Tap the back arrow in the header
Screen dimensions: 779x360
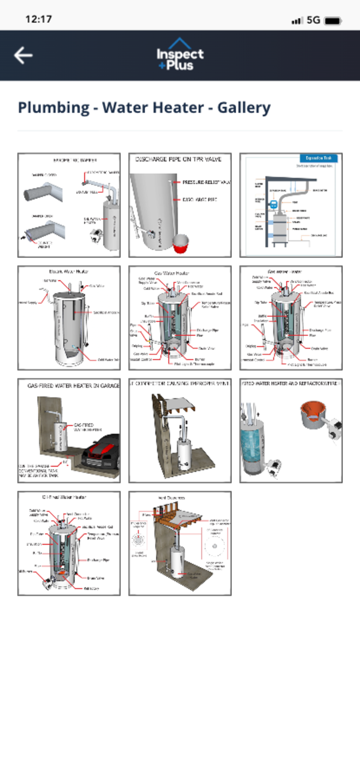point(23,55)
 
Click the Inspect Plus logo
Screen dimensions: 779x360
point(180,55)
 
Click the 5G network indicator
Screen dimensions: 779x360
point(313,20)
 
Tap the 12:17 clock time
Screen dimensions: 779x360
point(39,19)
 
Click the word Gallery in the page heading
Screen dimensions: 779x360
point(244,108)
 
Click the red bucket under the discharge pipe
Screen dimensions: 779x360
point(181,243)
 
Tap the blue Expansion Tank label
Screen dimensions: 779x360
point(318,158)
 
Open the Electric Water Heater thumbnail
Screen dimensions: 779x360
point(69,318)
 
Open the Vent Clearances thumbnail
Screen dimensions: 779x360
point(180,543)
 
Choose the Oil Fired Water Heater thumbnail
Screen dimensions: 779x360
point(69,543)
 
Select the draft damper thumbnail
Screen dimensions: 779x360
point(69,205)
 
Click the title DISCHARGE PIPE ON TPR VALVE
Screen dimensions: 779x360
point(178,159)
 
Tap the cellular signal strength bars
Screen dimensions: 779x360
point(297,21)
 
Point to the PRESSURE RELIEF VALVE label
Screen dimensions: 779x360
point(206,182)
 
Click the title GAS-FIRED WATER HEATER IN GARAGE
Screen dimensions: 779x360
point(73,386)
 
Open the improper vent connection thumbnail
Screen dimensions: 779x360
point(180,430)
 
